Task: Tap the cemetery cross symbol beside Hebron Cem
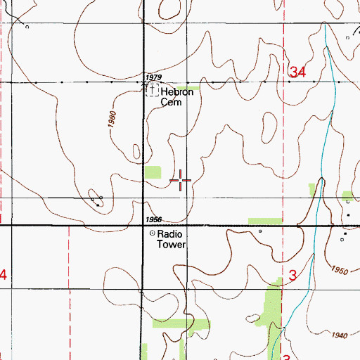tap(153, 91)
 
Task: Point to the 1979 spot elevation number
tap(153, 77)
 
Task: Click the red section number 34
tap(297, 72)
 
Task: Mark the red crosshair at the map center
tap(181, 181)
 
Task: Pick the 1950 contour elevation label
tap(338, 270)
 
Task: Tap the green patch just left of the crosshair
tap(153, 172)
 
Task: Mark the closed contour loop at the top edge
tap(172, 8)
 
